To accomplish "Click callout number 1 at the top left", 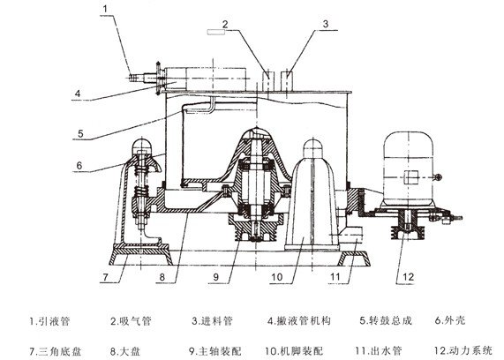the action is tap(105, 9).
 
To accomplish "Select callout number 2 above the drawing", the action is tap(225, 24).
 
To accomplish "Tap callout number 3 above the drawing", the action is tap(326, 24).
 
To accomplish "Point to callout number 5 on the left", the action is tap(80, 133).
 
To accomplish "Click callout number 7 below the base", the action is tap(106, 277).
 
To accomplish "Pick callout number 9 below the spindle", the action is tap(215, 277).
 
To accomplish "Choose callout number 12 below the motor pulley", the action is tap(408, 277).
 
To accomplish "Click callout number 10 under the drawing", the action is tap(277, 277).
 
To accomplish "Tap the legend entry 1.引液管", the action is tap(49, 321).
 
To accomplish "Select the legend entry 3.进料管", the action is tap(212, 321).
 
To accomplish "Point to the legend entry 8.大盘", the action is tap(125, 351).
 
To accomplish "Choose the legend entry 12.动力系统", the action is tap(463, 350).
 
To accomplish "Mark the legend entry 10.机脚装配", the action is tap(294, 351).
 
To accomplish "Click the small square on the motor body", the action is tap(410, 177).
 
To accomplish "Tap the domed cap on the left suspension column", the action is tap(142, 146).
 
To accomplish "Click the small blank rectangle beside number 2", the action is tap(216, 32).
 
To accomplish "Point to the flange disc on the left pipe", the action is tap(158, 79).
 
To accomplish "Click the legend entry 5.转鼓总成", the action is tap(386, 321).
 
